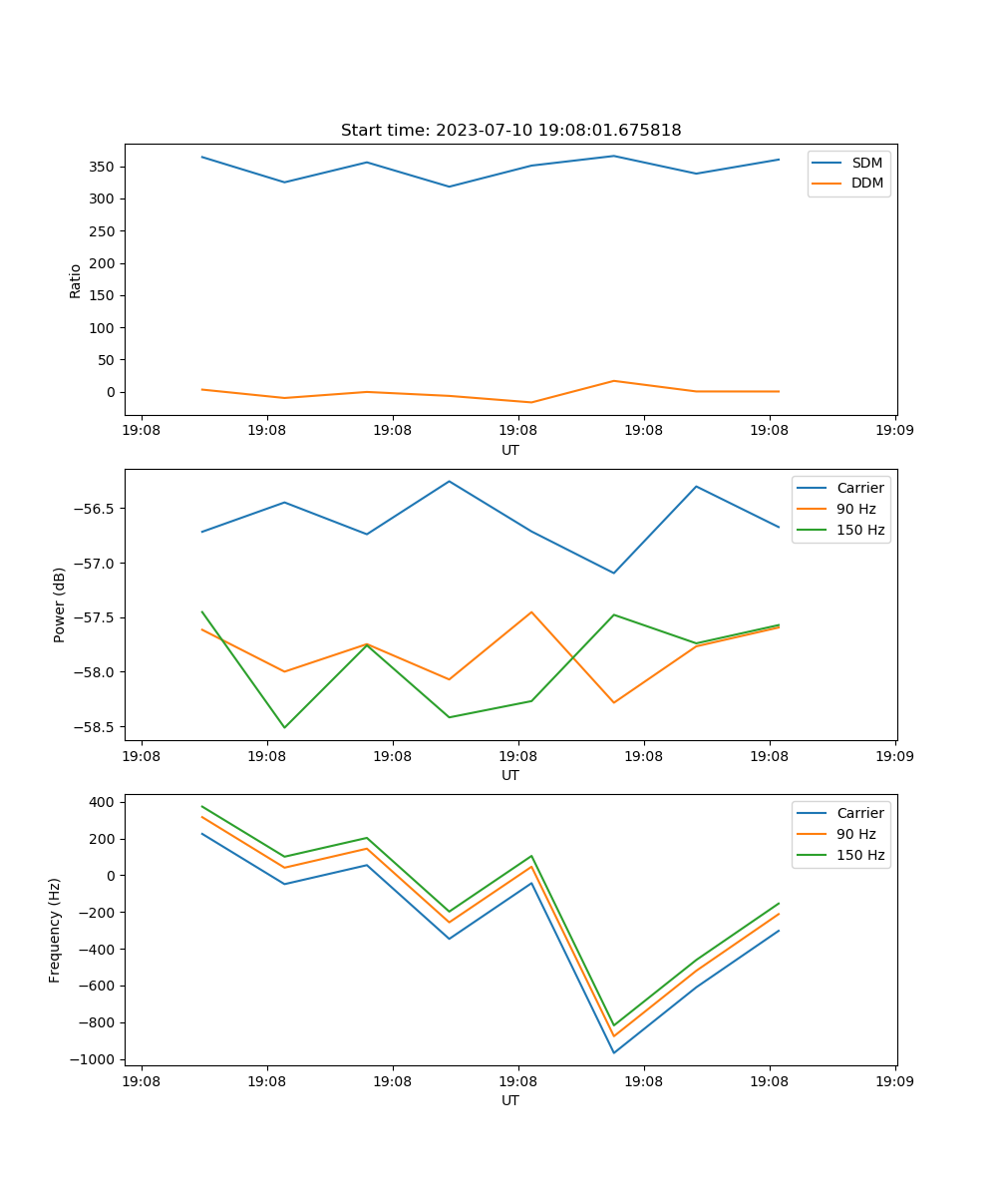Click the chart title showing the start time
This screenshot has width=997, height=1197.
[x=510, y=131]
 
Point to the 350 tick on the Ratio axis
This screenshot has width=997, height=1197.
[x=105, y=167]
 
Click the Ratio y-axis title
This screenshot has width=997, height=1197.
[x=76, y=280]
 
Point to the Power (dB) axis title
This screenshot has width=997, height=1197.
[x=60, y=604]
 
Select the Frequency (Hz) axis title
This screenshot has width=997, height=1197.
[x=55, y=930]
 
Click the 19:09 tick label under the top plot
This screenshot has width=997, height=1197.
[x=894, y=432]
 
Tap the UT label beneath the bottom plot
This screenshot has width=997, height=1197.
[x=510, y=1100]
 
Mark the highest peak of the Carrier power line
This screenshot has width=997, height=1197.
[x=449, y=481]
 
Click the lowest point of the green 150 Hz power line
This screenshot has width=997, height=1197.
[x=284, y=727]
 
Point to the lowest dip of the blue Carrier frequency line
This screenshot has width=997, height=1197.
[x=613, y=1052]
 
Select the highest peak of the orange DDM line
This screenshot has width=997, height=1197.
[x=613, y=381]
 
